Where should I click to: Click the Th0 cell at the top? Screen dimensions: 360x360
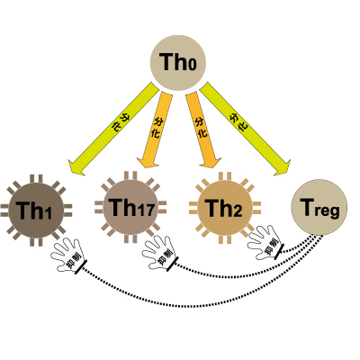coord(178,63)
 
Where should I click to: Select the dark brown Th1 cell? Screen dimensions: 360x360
coord(36,211)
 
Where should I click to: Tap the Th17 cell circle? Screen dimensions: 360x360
coord(130,207)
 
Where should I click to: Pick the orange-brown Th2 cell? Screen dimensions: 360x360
coord(225,208)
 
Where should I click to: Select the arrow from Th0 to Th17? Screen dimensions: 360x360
coord(155,130)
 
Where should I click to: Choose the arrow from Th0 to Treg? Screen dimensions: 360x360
coord(245,129)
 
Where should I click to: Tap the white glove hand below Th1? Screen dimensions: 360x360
coord(67,255)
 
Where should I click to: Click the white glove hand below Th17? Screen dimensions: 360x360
coord(159,253)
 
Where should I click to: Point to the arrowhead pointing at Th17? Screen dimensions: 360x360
coord(148,161)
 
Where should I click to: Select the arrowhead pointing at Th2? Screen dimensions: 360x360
coord(211,161)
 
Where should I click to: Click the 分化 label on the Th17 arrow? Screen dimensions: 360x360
coord(157,128)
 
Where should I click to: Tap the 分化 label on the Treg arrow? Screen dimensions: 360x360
coord(238,121)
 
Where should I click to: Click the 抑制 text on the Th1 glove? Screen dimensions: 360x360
coord(74,261)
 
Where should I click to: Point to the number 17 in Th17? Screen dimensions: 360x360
coord(147,210)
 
